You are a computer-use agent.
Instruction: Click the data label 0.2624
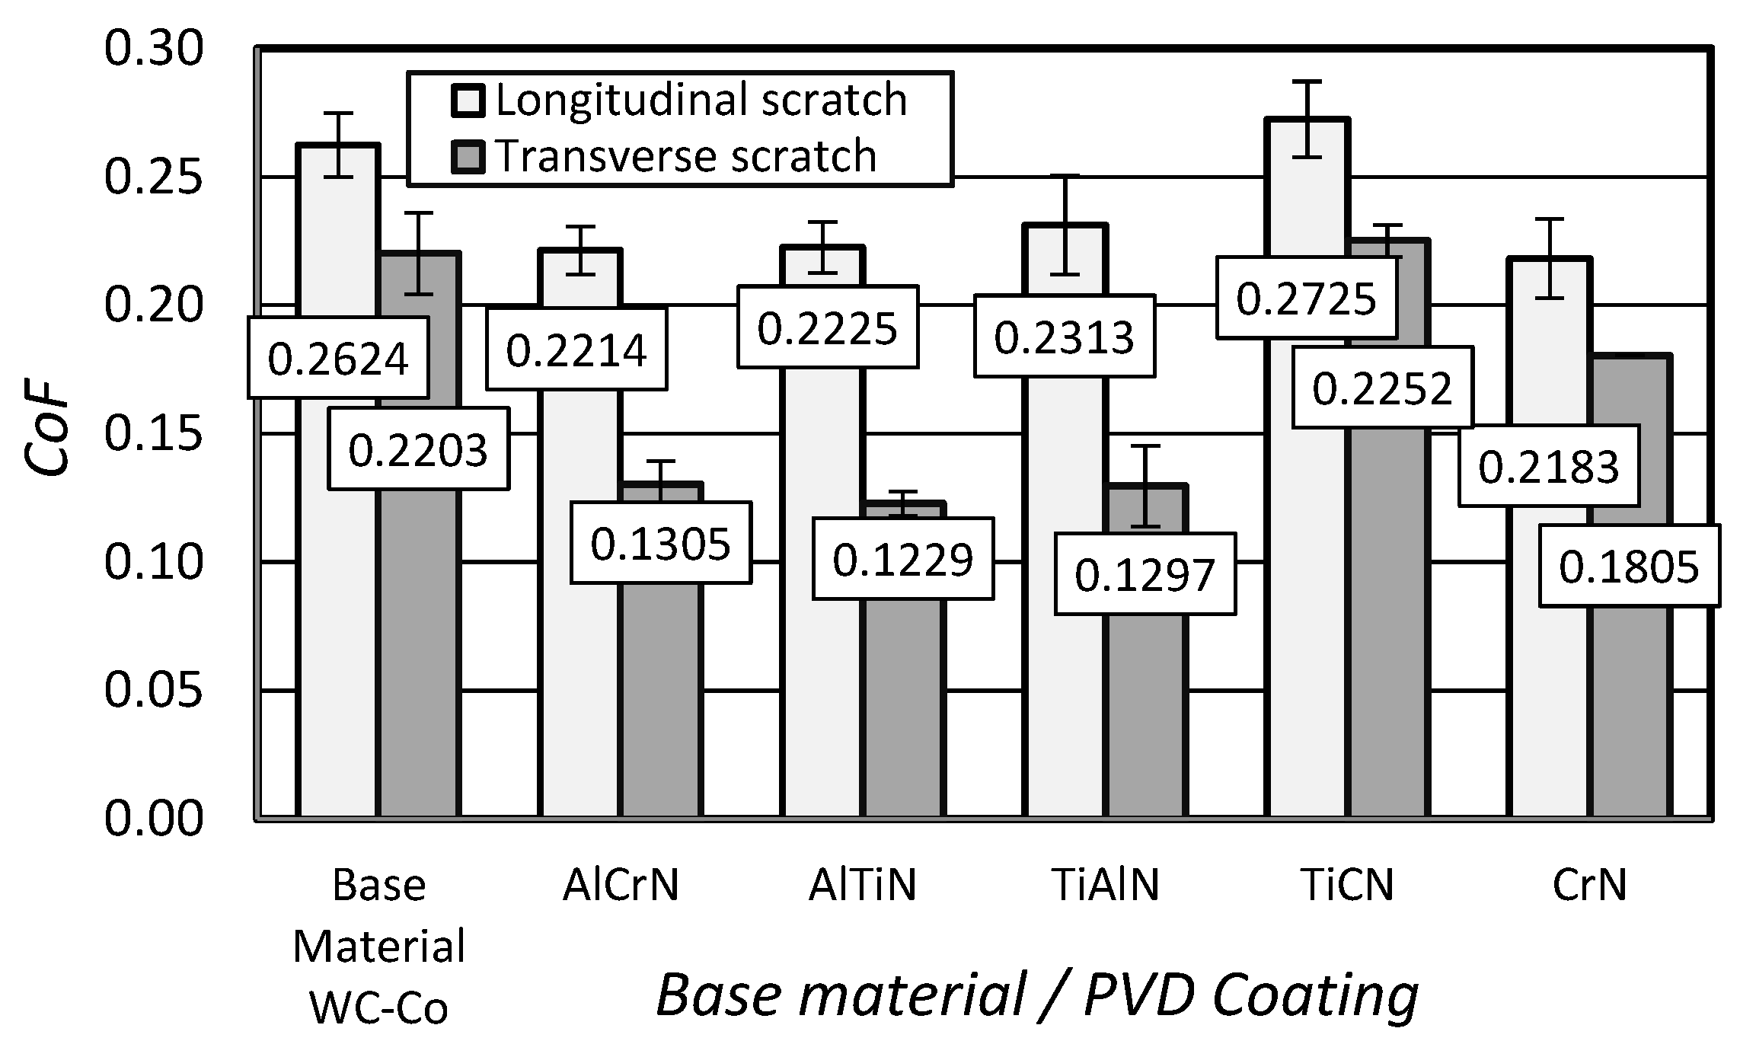pos(338,358)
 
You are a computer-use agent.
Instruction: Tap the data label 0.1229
pos(902,560)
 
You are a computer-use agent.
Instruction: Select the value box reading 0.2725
pos(1306,299)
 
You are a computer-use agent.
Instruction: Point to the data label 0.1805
pos(1629,567)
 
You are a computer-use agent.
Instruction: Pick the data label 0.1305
pos(660,544)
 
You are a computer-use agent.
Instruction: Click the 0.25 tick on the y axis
pos(154,177)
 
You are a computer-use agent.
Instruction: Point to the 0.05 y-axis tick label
pos(154,690)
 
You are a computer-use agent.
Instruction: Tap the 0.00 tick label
pos(154,819)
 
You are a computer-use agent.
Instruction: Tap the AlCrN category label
pos(621,885)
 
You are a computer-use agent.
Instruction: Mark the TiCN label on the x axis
pos(1347,885)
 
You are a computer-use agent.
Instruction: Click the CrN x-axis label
pos(1589,885)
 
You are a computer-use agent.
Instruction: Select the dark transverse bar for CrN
pos(1630,708)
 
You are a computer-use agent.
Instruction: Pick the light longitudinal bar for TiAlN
pos(1065,609)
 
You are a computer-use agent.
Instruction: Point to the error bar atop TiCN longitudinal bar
pos(1307,118)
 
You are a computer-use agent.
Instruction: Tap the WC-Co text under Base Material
pos(378,1009)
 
